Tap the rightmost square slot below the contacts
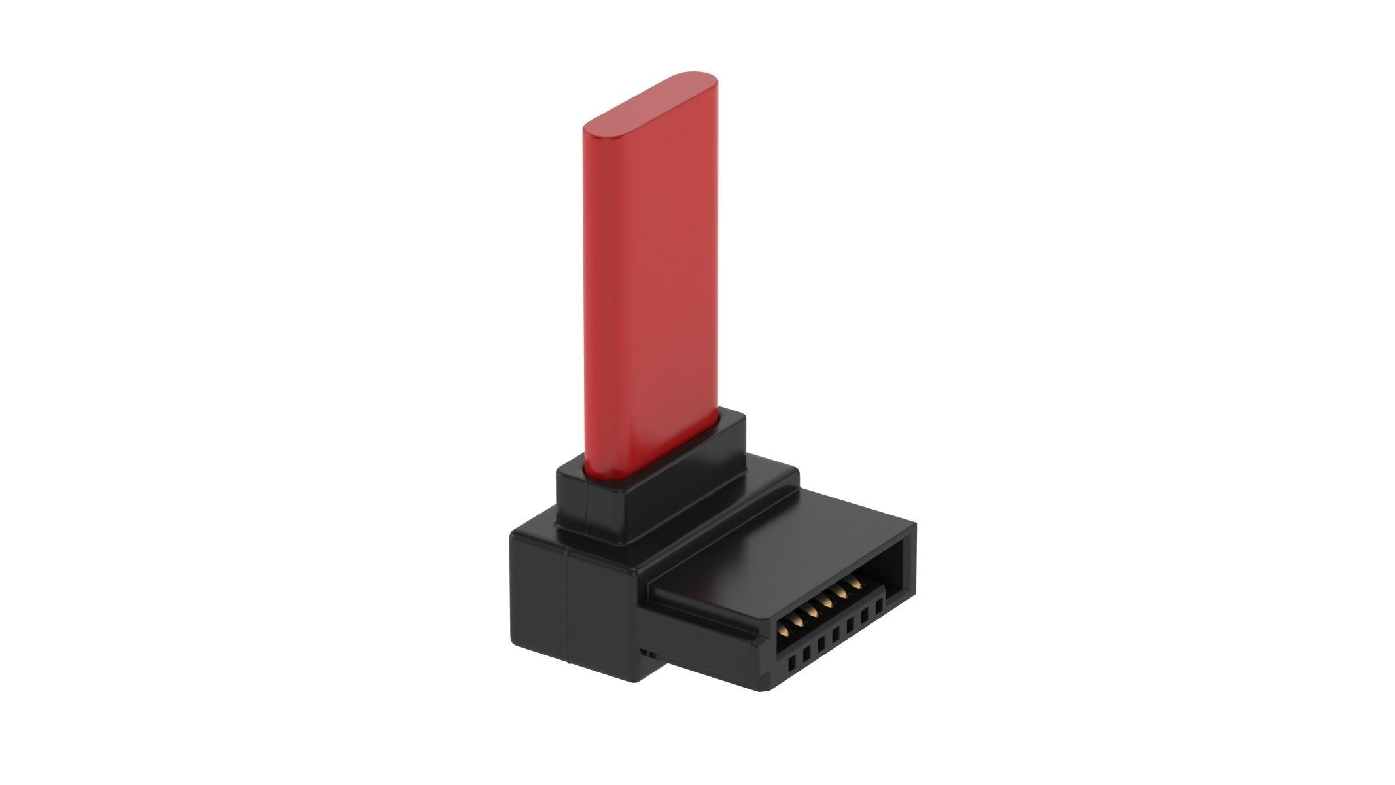pyautogui.click(x=880, y=601)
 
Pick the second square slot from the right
pyautogui.click(x=865, y=612)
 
